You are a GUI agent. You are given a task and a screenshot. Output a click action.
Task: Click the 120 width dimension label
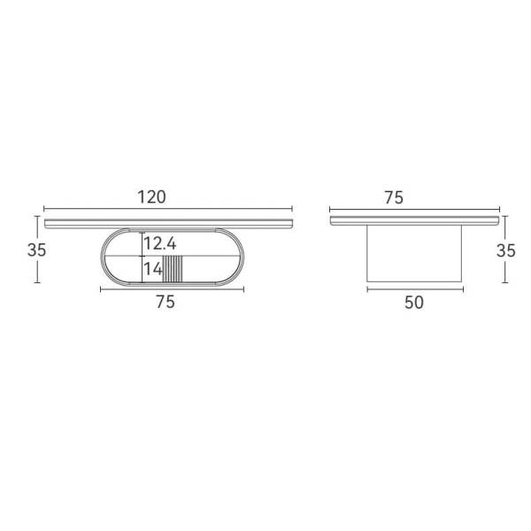point(151,197)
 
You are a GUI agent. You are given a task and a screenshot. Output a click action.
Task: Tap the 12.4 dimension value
point(160,243)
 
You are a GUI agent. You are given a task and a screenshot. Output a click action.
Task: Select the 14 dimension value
point(153,269)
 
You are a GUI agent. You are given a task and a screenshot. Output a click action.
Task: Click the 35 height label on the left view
point(36,250)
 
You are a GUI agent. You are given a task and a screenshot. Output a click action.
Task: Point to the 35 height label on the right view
point(506,250)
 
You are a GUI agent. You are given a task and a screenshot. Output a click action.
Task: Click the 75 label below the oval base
point(165,302)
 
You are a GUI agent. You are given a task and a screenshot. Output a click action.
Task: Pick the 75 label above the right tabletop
point(394,197)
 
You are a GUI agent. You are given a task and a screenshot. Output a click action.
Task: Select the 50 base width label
point(414,303)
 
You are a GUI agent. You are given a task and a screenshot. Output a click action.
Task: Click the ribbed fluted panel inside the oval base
point(173,269)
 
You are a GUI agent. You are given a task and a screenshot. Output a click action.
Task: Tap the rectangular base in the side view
point(414,253)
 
